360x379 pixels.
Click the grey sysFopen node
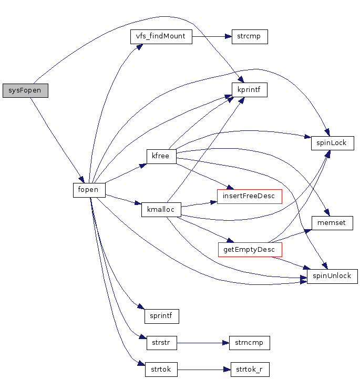pyautogui.click(x=25, y=90)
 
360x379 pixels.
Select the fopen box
pyautogui.click(x=89, y=190)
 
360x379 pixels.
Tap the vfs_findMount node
pyautogui.click(x=161, y=37)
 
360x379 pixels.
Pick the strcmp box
pyautogui.click(x=250, y=37)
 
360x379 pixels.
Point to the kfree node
pyautogui.click(x=161, y=156)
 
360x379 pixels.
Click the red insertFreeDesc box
pyautogui.click(x=250, y=196)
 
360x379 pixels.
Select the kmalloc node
pyautogui.click(x=161, y=210)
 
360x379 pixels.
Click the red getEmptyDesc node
pyautogui.click(x=250, y=249)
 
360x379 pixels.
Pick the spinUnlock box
pyautogui.click(x=332, y=276)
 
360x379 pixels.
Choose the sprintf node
pyautogui.click(x=161, y=316)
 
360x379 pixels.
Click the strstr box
pyautogui.click(x=161, y=343)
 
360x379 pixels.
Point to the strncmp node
pyautogui.click(x=250, y=343)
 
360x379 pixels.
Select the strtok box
pyautogui.click(x=161, y=370)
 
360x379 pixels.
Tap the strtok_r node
pyautogui.click(x=250, y=370)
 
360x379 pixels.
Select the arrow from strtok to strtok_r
pyautogui.click(x=204, y=370)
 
